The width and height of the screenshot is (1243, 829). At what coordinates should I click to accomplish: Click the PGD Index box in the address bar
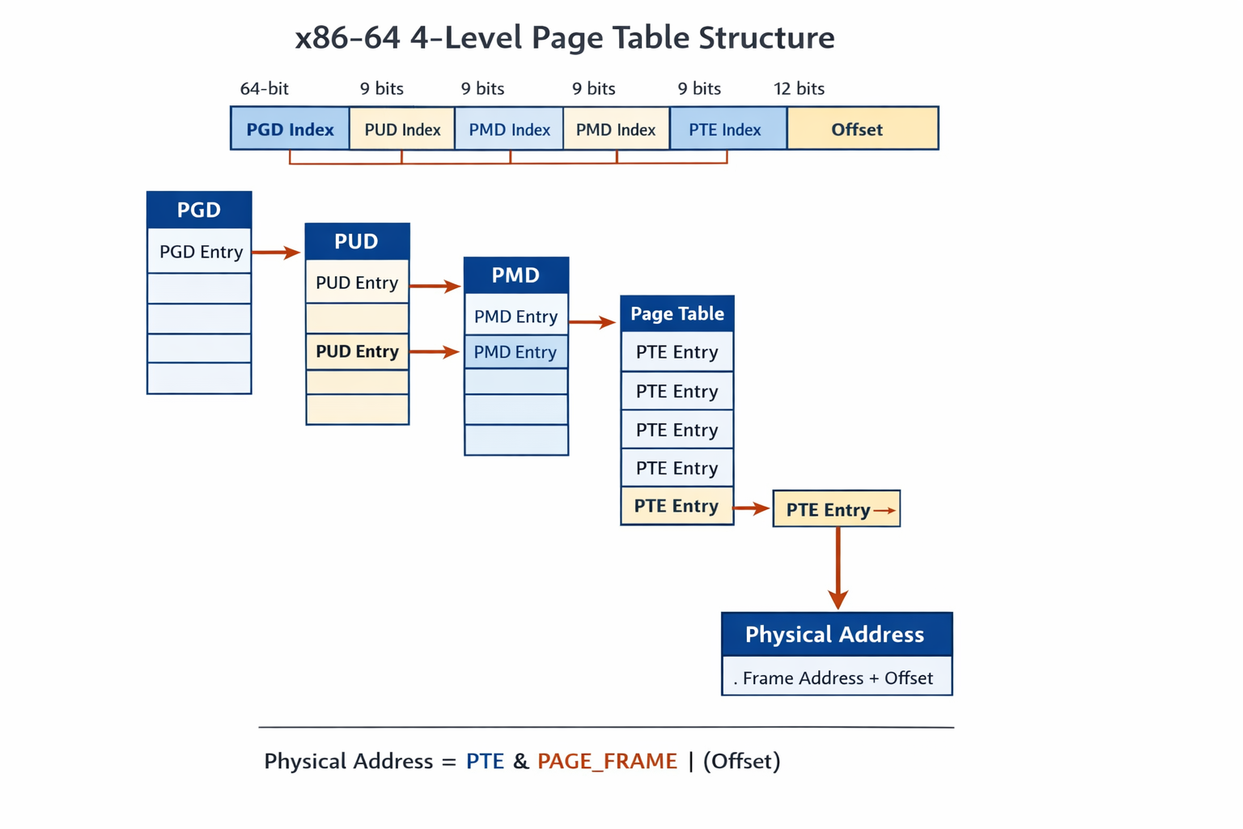tap(290, 128)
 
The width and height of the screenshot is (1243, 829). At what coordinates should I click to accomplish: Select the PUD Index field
tap(401, 129)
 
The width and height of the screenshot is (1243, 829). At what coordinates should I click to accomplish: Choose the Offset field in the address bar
tap(863, 128)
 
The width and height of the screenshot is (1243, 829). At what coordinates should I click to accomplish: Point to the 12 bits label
tap(799, 88)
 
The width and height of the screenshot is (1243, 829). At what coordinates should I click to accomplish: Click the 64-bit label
tap(264, 88)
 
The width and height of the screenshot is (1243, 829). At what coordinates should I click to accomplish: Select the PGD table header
tap(199, 210)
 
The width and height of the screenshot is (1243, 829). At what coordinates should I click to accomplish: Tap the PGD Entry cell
tap(199, 251)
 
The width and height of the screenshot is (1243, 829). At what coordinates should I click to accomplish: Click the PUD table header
tap(358, 241)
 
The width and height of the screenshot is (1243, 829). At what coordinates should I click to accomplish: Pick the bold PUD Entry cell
tap(358, 351)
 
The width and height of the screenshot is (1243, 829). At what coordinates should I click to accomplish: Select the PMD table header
tap(516, 275)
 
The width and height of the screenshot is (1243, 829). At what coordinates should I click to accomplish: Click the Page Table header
tap(677, 314)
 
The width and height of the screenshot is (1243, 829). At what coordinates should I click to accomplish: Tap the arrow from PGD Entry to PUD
tap(276, 253)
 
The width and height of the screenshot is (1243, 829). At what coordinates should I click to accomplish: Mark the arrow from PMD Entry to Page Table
tap(592, 322)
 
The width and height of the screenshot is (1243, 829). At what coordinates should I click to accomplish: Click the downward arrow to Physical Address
tap(838, 568)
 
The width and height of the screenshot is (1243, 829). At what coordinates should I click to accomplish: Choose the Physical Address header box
tap(837, 634)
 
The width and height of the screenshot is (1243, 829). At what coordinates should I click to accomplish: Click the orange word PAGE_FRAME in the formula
tap(607, 761)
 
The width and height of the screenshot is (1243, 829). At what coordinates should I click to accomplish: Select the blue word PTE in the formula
tap(485, 761)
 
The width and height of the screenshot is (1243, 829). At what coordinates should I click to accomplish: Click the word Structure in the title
tap(766, 38)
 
